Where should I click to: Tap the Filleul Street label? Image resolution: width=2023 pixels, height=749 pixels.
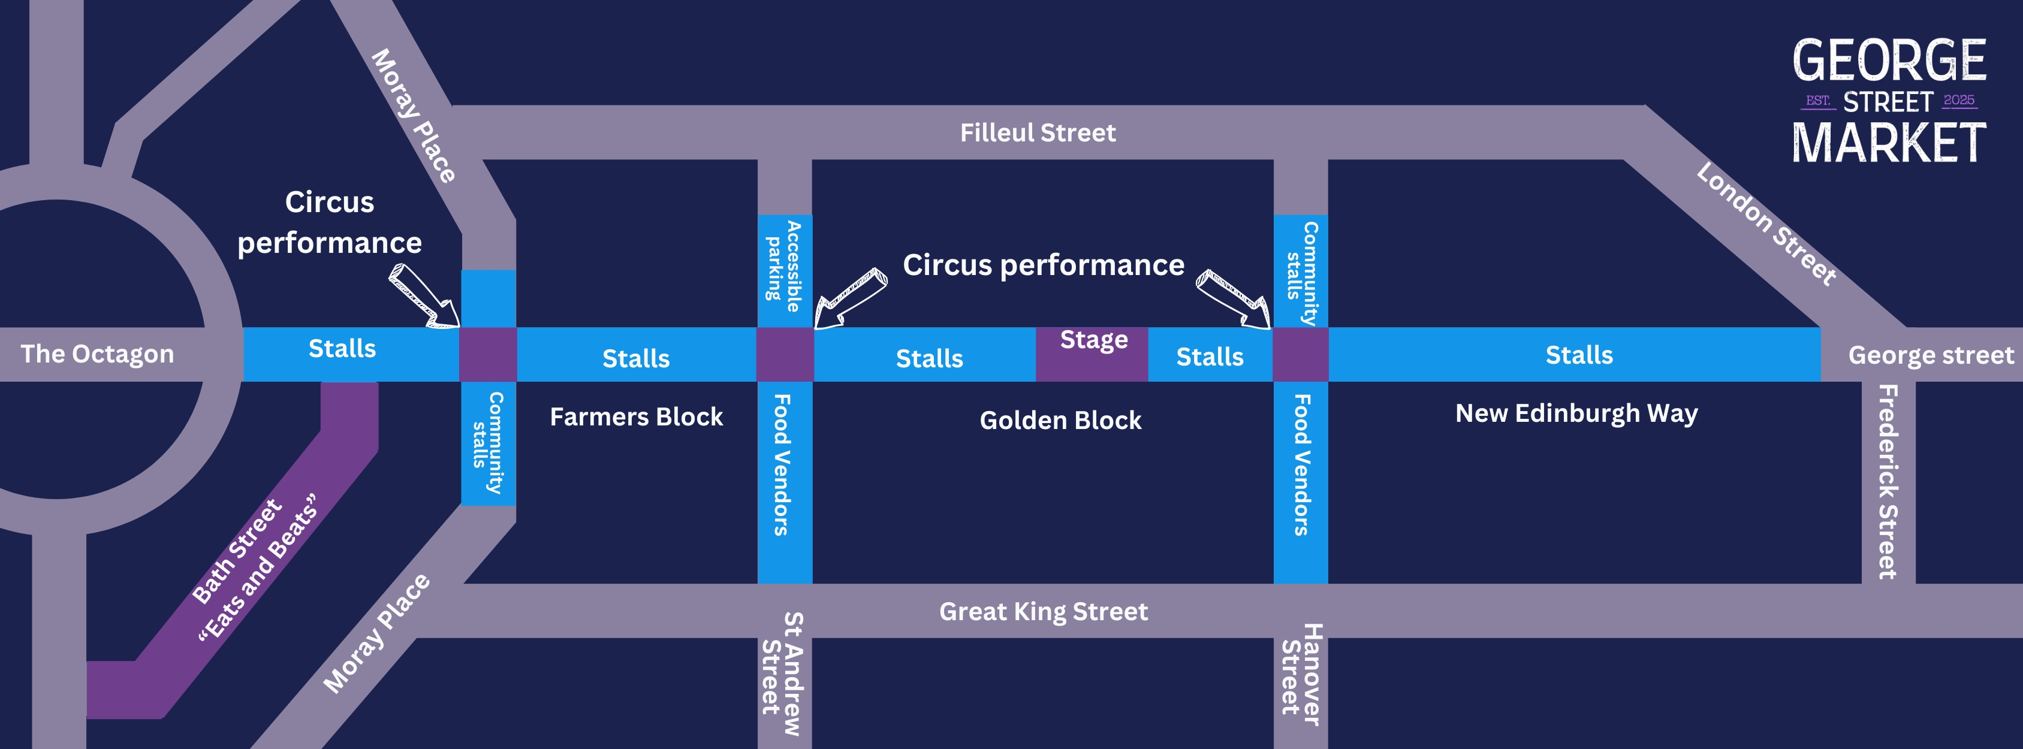(1038, 132)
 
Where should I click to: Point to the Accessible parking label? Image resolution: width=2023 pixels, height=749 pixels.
(784, 267)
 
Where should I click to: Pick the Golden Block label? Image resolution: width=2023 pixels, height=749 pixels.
(1060, 420)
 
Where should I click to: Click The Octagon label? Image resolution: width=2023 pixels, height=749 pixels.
(97, 354)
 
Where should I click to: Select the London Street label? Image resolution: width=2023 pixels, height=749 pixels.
(1765, 224)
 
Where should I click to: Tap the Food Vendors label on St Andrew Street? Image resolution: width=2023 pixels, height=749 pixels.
(782, 465)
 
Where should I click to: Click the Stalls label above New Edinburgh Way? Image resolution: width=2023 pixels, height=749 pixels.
(1578, 355)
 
